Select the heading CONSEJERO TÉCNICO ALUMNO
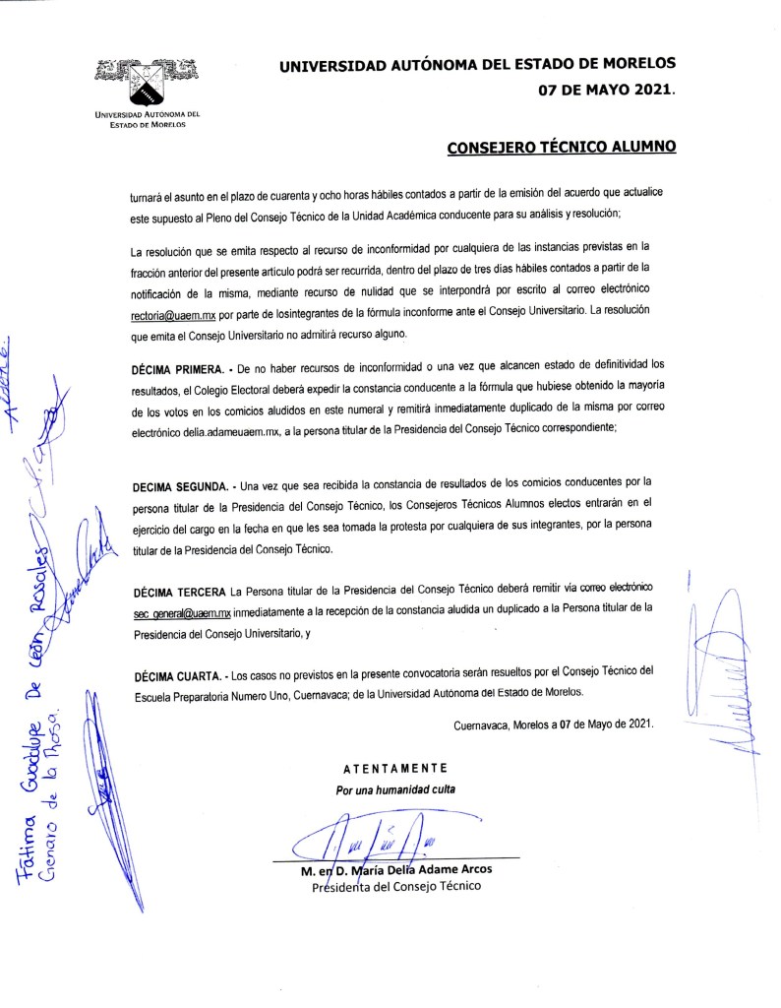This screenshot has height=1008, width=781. (562, 148)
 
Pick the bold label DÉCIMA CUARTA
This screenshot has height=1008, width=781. (174, 675)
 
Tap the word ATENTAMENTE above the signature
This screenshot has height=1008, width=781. (395, 768)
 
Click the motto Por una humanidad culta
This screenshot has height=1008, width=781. (395, 789)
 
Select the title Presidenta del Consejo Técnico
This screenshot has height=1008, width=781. (395, 887)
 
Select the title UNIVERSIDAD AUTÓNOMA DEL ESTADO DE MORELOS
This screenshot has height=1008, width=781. (478, 66)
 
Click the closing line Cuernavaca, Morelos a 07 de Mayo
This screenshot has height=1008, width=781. (553, 724)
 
